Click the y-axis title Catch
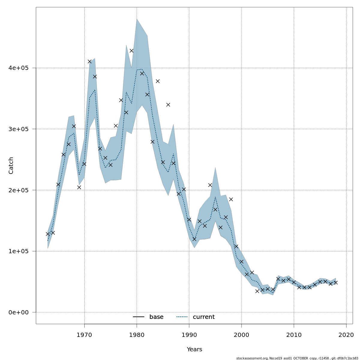(x=11, y=166)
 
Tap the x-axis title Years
(x=194, y=349)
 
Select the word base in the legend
(x=156, y=317)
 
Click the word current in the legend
(x=204, y=317)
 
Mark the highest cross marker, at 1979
(x=131, y=51)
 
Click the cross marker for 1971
(x=90, y=61)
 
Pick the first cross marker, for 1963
(x=48, y=234)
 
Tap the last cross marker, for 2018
(x=336, y=283)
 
